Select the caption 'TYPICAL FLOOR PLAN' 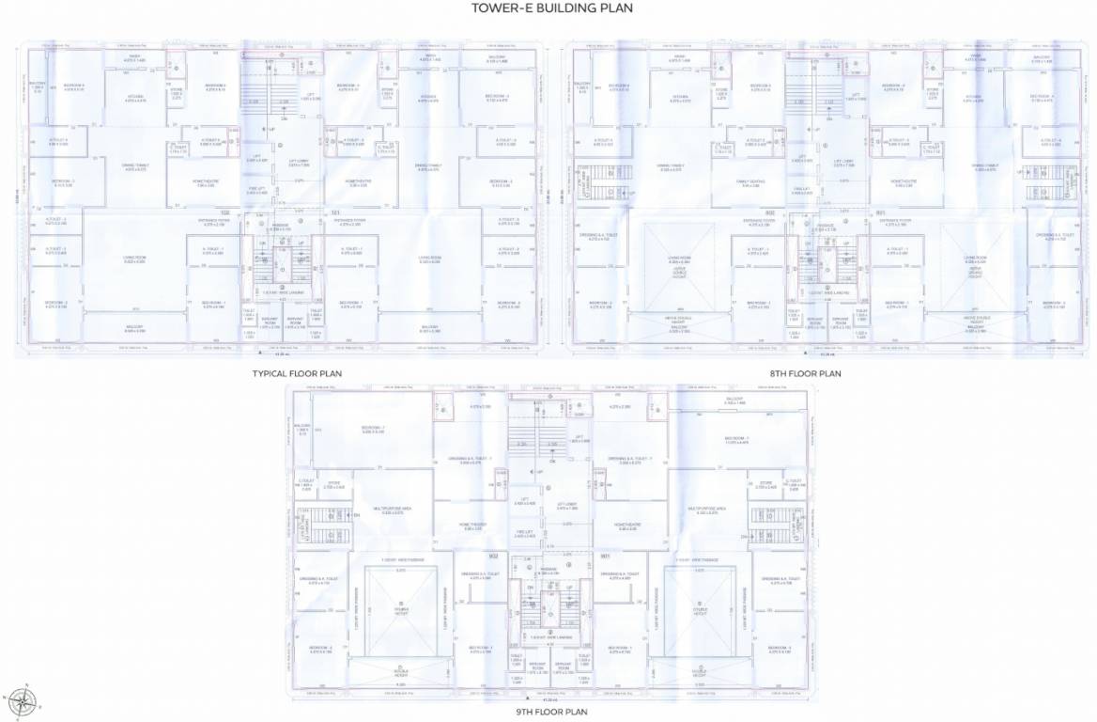tap(297, 373)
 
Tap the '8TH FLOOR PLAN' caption tap(806, 373)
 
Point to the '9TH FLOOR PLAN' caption tap(551, 712)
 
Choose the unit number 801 tap(880, 212)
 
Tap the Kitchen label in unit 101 tap(428, 98)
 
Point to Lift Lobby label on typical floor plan tap(299, 163)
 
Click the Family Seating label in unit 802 tap(748, 183)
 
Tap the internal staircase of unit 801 tap(1039, 178)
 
